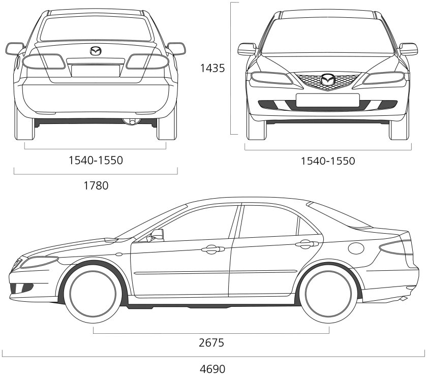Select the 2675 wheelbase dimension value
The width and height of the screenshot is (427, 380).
point(211,342)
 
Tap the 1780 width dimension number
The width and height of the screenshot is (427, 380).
point(96,185)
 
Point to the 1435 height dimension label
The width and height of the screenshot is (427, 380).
point(212,68)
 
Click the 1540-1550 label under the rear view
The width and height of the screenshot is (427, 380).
point(96,161)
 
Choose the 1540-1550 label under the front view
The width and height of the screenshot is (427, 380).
point(328,161)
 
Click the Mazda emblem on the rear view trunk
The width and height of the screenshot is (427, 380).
point(96,51)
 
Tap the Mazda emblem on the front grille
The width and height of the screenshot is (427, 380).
point(328,80)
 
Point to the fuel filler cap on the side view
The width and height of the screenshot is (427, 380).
point(356,248)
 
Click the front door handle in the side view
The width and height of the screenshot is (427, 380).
point(213,249)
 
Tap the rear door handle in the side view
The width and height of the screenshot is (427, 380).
point(305,244)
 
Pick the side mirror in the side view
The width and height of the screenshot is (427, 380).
point(157,235)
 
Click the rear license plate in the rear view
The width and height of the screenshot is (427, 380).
point(96,70)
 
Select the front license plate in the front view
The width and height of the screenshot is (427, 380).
point(327,100)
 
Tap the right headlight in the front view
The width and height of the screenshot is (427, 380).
point(384,78)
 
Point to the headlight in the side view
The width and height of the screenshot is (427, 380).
point(39,262)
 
